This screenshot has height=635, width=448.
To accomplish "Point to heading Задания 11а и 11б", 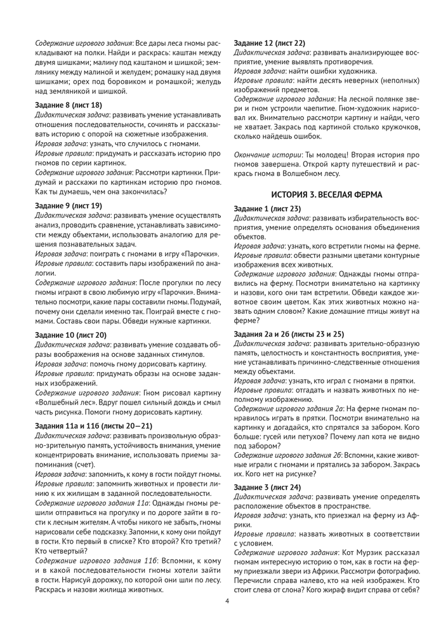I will [94, 426].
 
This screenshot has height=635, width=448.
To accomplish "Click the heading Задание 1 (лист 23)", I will [267, 209].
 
